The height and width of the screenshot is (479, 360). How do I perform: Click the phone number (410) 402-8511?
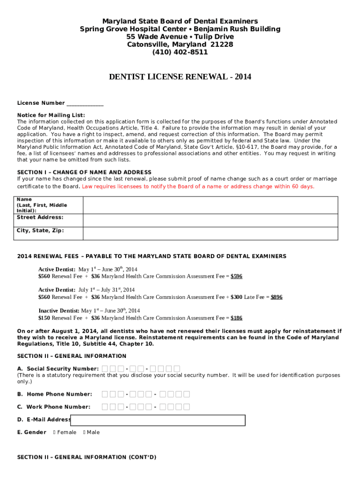click(180, 52)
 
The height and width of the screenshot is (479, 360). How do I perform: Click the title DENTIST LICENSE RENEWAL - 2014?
click(180, 77)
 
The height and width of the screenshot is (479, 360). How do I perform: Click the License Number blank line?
click(85, 103)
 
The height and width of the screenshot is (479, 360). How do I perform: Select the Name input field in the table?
click(210, 205)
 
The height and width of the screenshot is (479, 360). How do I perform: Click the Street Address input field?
click(210, 220)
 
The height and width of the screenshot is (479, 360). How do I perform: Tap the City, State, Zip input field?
click(210, 233)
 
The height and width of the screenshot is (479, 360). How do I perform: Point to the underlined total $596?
click(237, 276)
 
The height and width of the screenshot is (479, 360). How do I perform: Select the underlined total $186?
click(237, 318)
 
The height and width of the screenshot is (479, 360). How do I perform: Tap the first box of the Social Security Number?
click(105, 369)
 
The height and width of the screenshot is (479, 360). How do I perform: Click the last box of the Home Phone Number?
click(186, 394)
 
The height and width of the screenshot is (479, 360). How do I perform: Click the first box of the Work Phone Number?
click(105, 407)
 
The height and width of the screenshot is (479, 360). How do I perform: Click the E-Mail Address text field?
click(158, 420)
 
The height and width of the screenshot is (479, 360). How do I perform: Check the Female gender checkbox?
click(55, 433)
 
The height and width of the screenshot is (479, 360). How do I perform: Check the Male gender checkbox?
click(84, 433)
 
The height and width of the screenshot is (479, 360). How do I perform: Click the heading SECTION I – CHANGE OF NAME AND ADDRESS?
click(84, 172)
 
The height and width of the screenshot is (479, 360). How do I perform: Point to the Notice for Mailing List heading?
click(51, 115)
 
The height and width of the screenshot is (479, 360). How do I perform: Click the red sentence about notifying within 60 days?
click(198, 187)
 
